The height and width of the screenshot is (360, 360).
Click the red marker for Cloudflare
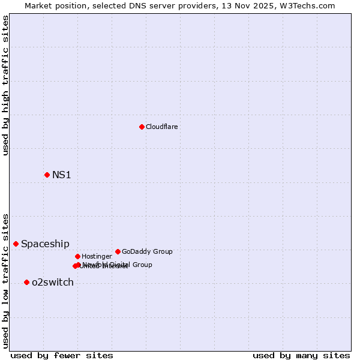[142, 127]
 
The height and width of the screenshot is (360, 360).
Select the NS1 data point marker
[47, 175]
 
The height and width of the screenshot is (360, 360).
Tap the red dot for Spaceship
[16, 244]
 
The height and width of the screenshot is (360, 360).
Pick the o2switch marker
[26, 282]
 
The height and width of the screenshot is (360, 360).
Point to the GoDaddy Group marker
[118, 251]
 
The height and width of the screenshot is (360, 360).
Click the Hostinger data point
[77, 256]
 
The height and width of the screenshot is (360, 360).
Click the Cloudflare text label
[161, 127]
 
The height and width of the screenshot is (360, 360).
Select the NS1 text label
[62, 175]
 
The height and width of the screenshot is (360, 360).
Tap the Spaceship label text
[45, 244]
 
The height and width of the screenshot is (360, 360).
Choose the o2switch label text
[53, 283]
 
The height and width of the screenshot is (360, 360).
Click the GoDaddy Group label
[147, 252]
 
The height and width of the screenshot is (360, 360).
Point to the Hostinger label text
[97, 257]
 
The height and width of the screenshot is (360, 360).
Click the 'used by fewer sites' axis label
[62, 356]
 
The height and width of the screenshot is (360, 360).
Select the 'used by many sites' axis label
[301, 356]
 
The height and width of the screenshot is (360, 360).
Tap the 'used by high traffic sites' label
[6, 85]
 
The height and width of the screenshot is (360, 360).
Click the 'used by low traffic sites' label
[6, 281]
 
